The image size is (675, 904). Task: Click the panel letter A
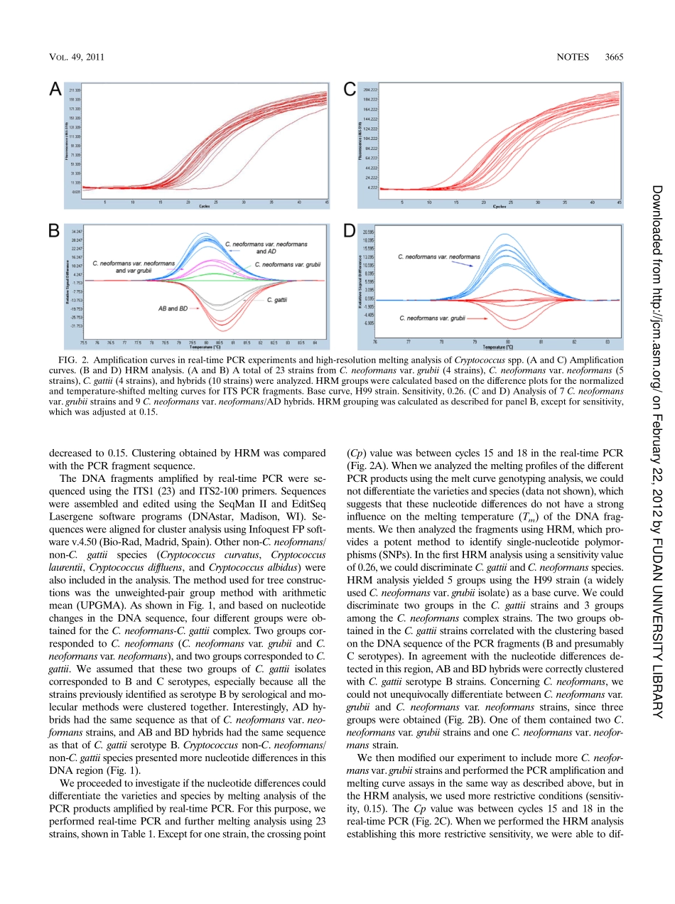[x=55, y=88]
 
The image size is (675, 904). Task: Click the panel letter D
[x=350, y=230]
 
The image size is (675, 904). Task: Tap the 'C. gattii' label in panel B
[x=276, y=301]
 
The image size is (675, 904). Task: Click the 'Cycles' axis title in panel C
[x=499, y=207]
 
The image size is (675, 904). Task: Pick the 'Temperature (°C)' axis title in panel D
[x=499, y=348]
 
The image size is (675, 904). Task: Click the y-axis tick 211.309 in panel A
[x=75, y=92]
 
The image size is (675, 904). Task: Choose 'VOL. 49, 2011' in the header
[x=77, y=57]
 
